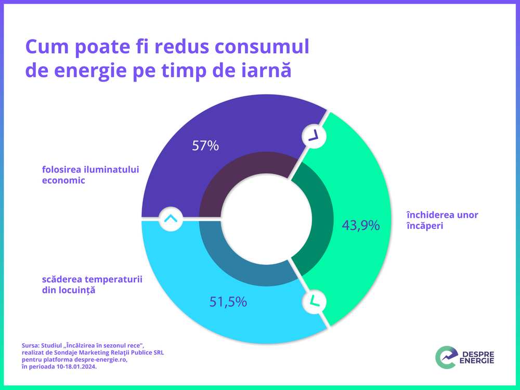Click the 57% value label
pos(205,146)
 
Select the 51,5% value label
pos(228,302)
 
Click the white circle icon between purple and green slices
pos(313,136)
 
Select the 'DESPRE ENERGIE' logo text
pos(477,358)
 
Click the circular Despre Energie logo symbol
pos(446,358)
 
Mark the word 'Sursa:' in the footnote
pos(31,345)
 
